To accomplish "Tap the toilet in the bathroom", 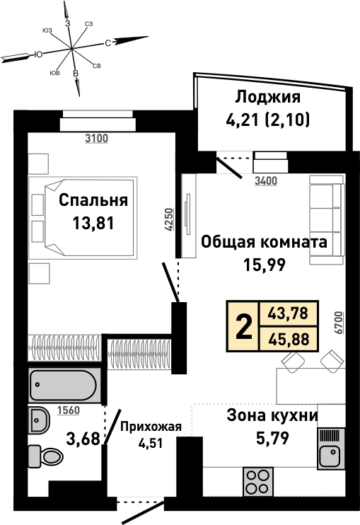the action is click(45, 456).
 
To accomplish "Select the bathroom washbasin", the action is click(38, 420).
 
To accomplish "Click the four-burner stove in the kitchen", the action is click(258, 481).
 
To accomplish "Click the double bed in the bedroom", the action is click(83, 218).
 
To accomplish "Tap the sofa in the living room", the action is click(327, 220).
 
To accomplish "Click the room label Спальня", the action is click(93, 200).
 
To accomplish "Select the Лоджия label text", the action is click(267, 97).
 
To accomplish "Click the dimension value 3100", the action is click(96, 138).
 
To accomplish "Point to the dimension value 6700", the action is click(339, 323).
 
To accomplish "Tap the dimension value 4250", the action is click(169, 219).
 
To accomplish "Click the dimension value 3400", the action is click(266, 181).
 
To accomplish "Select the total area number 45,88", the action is click(289, 340).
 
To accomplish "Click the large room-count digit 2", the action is click(244, 326).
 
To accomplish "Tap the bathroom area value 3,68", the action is click(83, 439).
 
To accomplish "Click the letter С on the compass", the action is click(108, 43).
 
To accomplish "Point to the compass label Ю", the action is click(38, 54).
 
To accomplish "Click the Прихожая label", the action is click(151, 427).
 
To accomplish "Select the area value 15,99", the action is click(265, 265).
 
